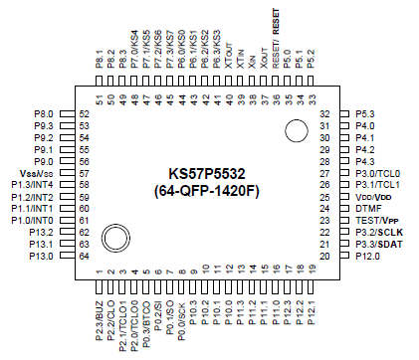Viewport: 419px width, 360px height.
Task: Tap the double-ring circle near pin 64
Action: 114,237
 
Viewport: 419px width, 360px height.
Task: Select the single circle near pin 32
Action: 296,129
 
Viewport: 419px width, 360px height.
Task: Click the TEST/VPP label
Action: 376,220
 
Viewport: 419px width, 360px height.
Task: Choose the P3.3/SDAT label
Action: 378,244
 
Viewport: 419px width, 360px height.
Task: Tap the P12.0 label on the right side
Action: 368,256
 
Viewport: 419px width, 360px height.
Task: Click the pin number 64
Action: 84,256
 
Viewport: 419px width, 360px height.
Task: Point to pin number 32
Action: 324,113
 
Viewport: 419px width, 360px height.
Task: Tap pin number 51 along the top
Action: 100,98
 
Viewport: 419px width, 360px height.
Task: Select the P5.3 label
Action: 365,113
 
